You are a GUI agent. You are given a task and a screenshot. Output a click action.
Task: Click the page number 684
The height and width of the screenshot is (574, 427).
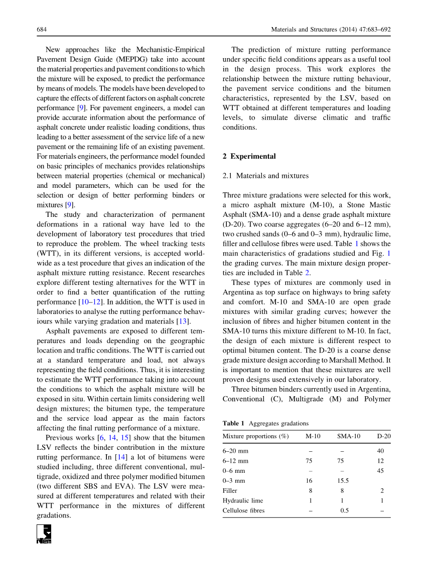[42, 30]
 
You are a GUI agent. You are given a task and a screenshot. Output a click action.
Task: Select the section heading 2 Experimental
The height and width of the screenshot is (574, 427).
[249, 156]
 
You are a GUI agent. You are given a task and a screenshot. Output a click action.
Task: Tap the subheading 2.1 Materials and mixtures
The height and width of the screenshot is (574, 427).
[265, 176]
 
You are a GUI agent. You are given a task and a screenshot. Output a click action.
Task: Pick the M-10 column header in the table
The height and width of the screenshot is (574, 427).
[313, 436]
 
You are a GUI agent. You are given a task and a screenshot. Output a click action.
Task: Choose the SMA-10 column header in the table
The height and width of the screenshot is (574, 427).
[349, 436]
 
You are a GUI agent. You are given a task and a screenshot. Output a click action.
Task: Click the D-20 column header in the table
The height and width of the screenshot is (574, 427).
[384, 436]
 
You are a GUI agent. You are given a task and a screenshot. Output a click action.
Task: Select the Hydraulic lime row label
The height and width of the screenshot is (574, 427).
[243, 500]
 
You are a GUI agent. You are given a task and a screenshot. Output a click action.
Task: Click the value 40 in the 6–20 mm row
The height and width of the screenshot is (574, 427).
[380, 451]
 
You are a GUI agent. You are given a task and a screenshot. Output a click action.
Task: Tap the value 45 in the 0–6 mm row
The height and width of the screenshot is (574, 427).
[380, 471]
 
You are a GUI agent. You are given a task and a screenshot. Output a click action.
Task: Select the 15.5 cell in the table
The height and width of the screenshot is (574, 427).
[344, 481]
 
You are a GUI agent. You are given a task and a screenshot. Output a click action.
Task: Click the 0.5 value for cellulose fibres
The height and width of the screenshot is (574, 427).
[344, 510]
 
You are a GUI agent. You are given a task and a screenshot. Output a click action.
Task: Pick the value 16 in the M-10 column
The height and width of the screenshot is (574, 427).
[310, 481]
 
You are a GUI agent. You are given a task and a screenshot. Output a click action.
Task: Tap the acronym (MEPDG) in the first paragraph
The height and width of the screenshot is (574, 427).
[132, 59]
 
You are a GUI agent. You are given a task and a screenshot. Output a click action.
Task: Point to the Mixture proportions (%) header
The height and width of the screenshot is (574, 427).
[255, 436]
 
